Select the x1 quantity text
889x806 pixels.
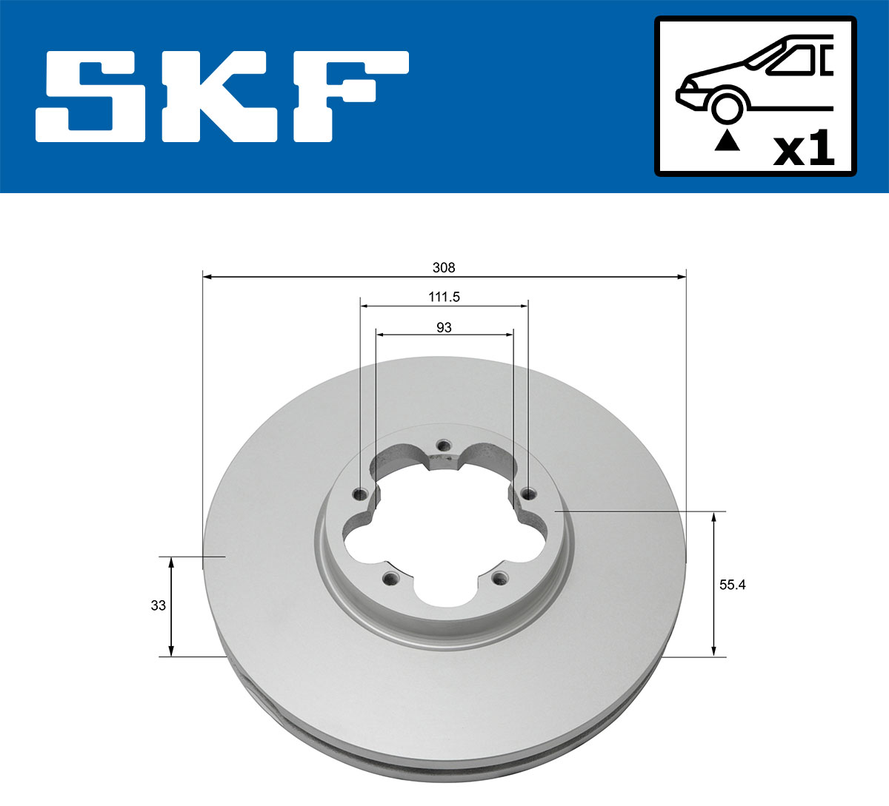coord(804,150)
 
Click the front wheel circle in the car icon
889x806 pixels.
coord(727,105)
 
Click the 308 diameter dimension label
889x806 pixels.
coord(444,267)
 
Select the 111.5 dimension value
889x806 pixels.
coord(444,297)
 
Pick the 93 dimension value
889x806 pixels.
coord(444,327)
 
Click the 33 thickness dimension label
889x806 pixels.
coord(158,605)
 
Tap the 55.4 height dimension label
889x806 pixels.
coord(732,585)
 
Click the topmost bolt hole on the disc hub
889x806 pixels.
coord(444,446)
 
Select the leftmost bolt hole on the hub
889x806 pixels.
coord(362,494)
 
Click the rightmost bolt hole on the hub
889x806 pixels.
coord(527,494)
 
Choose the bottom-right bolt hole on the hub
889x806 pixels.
coord(500,578)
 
